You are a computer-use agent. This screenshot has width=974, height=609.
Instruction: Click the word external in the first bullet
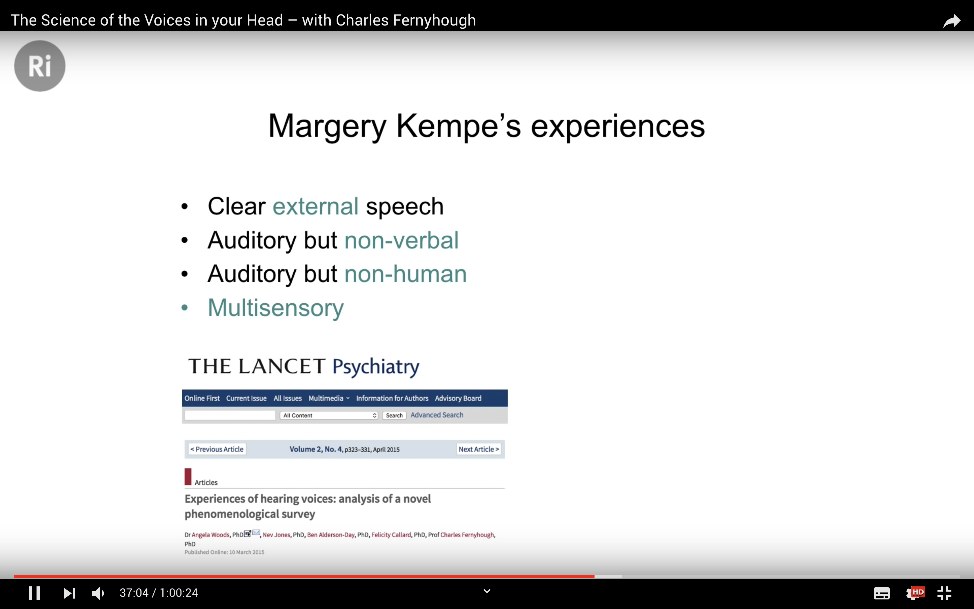(x=316, y=206)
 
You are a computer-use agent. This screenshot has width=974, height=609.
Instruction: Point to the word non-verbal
(x=401, y=240)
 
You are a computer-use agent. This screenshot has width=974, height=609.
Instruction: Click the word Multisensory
(x=276, y=308)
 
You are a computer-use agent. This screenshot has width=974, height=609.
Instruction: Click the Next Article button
(x=479, y=449)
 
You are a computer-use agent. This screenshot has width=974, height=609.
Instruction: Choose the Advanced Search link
(x=437, y=415)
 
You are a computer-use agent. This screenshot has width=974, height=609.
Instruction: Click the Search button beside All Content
(x=394, y=415)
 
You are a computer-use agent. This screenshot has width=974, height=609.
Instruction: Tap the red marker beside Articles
(x=188, y=476)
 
